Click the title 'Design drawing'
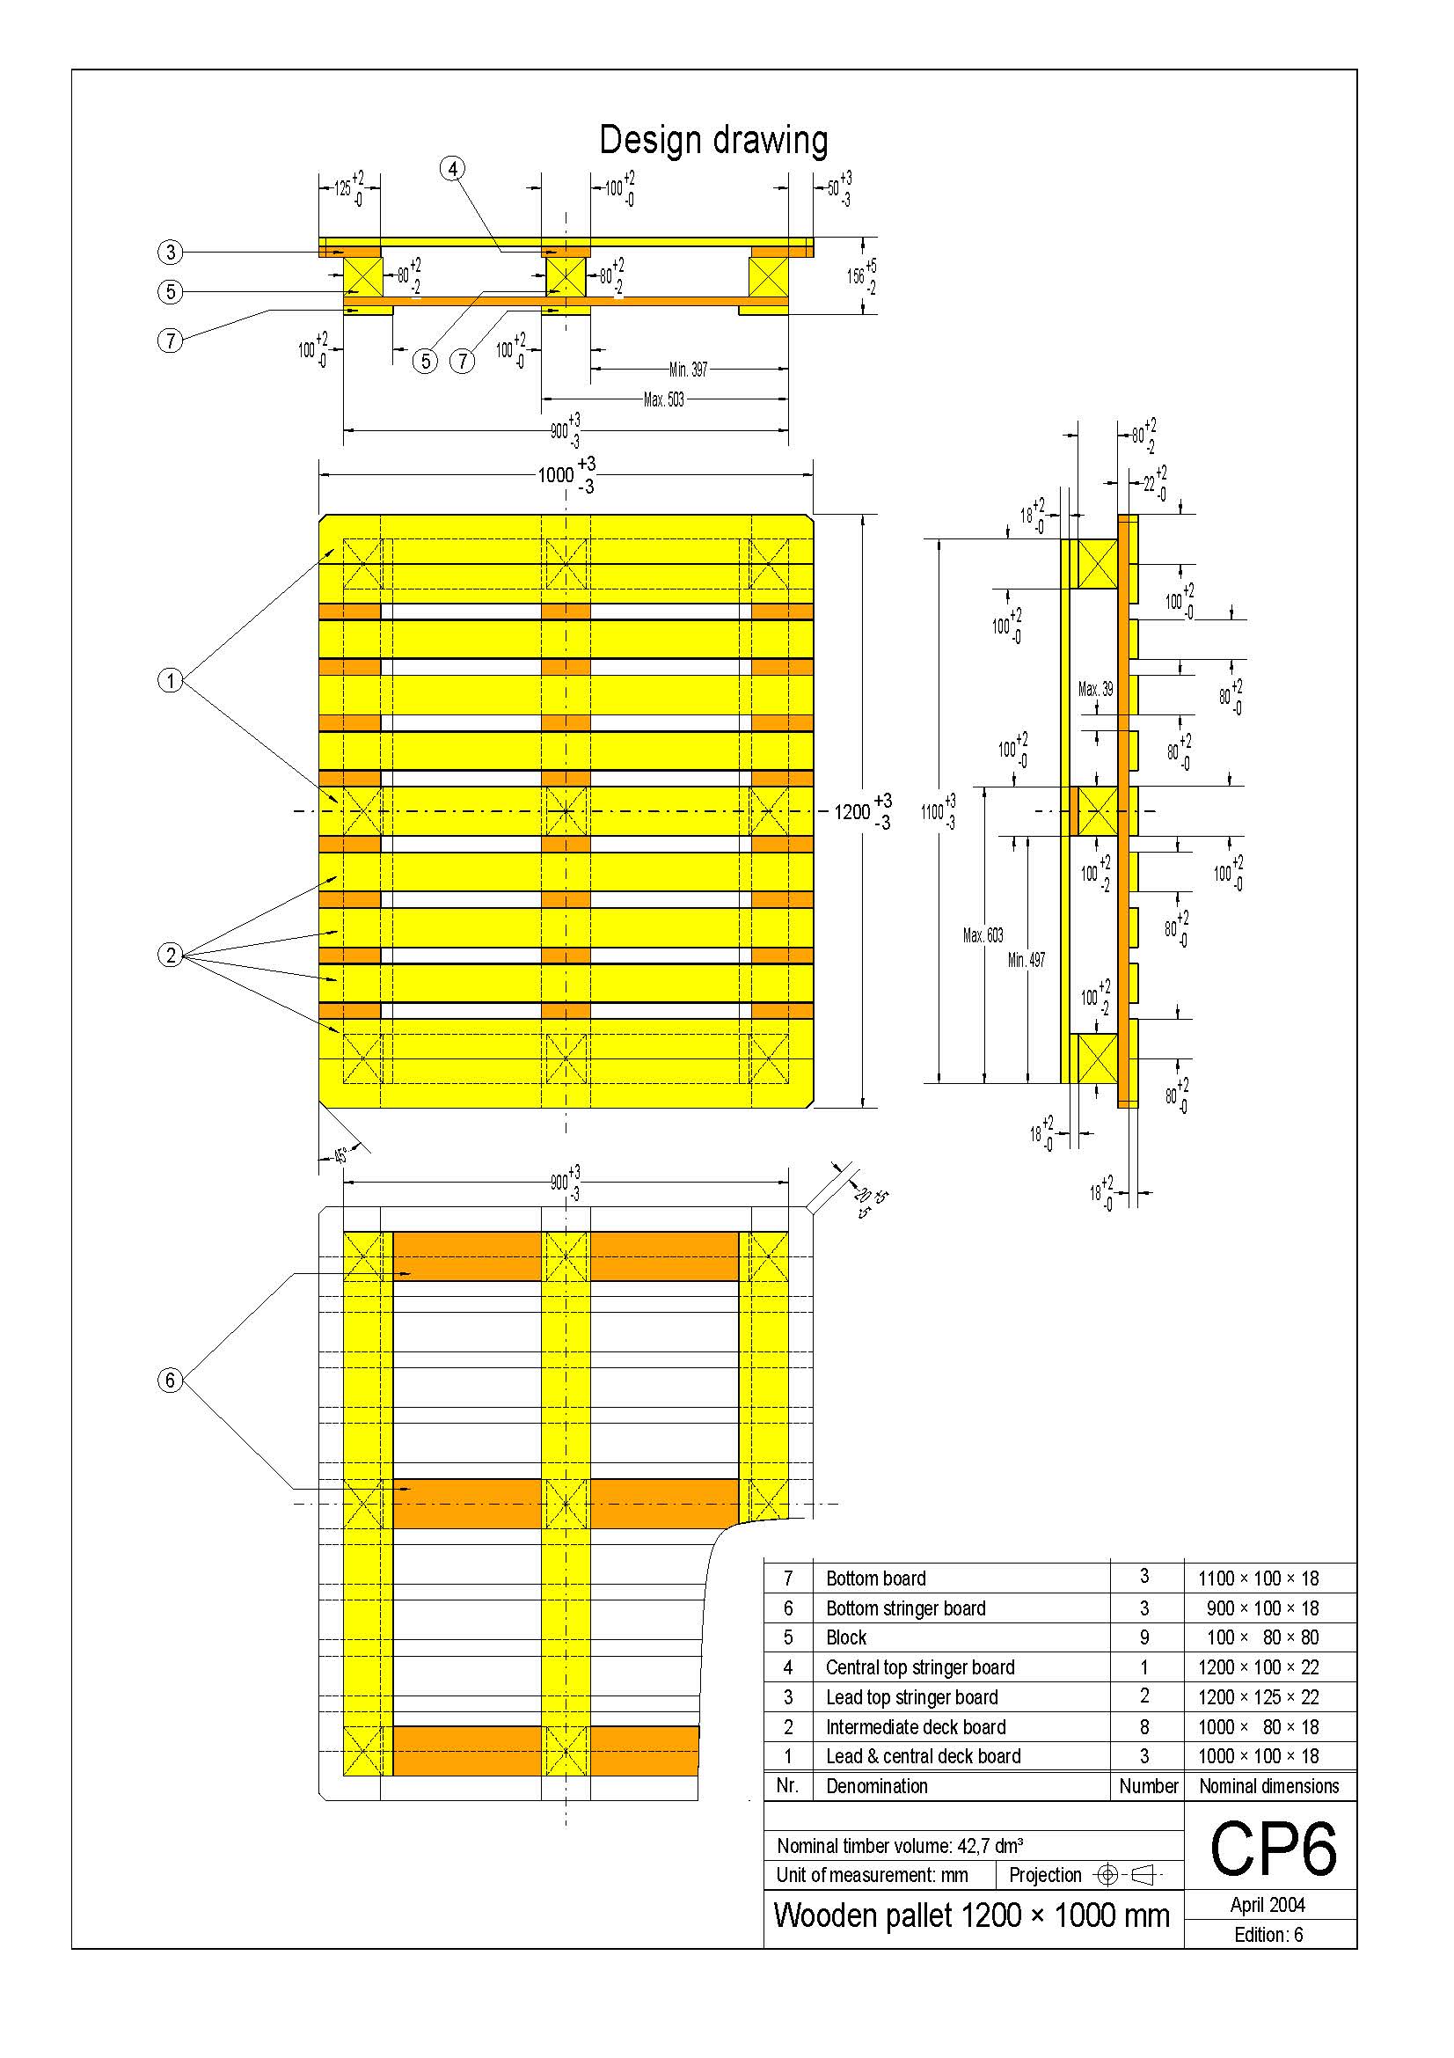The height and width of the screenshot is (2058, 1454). click(x=713, y=141)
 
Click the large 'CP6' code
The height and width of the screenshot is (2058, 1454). click(x=1272, y=1849)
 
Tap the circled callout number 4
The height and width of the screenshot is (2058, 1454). click(x=453, y=169)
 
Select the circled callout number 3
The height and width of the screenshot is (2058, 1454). click(x=171, y=252)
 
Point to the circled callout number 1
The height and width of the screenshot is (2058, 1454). click(x=171, y=680)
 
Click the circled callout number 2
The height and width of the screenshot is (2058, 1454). click(x=171, y=955)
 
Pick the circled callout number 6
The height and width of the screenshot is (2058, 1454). click(x=171, y=1380)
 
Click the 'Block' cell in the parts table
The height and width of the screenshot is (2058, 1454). click(x=845, y=1637)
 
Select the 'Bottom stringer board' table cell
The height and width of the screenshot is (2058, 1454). click(x=905, y=1608)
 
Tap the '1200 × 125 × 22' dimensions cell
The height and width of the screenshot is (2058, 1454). click(x=1258, y=1696)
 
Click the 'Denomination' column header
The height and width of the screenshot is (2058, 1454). click(x=876, y=1786)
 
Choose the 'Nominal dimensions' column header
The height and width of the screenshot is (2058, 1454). click(x=1268, y=1786)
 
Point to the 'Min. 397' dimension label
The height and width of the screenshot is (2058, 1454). click(x=688, y=370)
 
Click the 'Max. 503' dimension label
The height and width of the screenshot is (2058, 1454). click(x=664, y=399)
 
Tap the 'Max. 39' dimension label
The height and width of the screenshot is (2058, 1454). click(x=1096, y=689)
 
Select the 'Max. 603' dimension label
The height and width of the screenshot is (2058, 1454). click(x=983, y=936)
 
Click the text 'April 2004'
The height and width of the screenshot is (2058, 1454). click(x=1268, y=1905)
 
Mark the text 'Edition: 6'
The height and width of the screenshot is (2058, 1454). click(x=1268, y=1934)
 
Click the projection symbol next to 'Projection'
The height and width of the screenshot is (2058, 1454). click(x=1129, y=1874)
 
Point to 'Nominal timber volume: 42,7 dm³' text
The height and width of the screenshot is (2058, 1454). click(x=900, y=1846)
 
